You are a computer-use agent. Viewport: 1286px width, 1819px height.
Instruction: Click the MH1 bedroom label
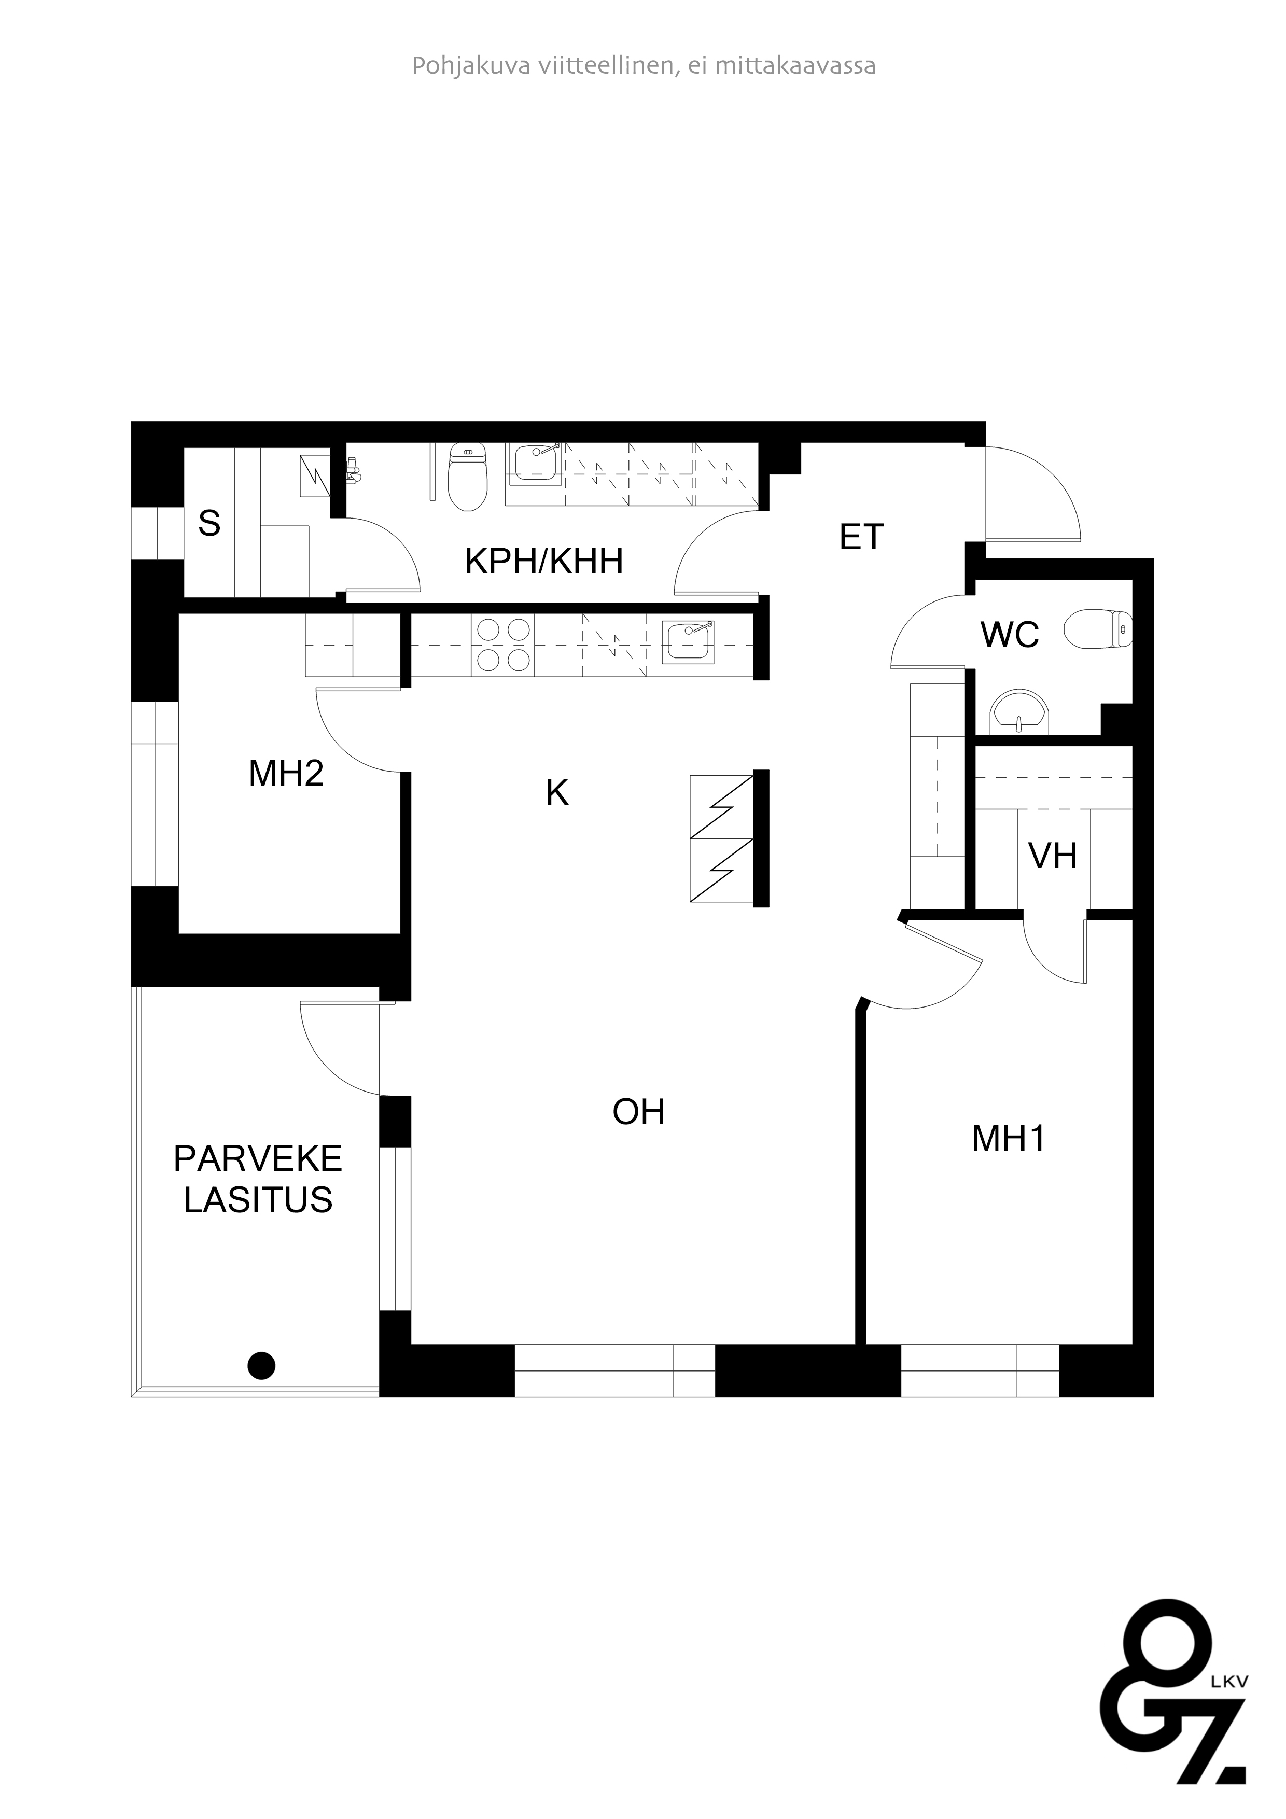pos(1008,1139)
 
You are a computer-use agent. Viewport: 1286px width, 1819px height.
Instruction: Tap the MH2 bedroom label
pos(286,773)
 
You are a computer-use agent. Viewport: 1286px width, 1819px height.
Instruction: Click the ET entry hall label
pos(861,537)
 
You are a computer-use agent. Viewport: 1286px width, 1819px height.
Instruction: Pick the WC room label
pos(1010,635)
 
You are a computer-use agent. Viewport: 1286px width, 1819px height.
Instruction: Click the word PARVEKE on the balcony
pos(258,1159)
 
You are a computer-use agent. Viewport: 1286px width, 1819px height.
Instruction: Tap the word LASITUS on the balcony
pos(258,1200)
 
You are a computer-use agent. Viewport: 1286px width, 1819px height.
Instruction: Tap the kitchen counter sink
pos(688,642)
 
